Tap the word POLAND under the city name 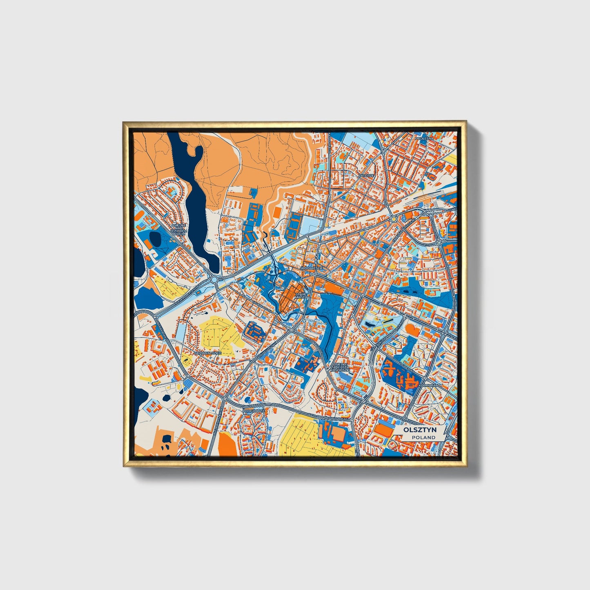(x=423, y=437)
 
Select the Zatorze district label (x=366, y=175)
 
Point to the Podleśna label (x=423, y=138)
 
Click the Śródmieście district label (x=312, y=268)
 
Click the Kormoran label (x=430, y=385)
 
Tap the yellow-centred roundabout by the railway (x=393, y=219)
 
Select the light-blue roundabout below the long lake (x=215, y=280)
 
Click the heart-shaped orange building (x=413, y=330)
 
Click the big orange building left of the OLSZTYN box (x=383, y=430)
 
